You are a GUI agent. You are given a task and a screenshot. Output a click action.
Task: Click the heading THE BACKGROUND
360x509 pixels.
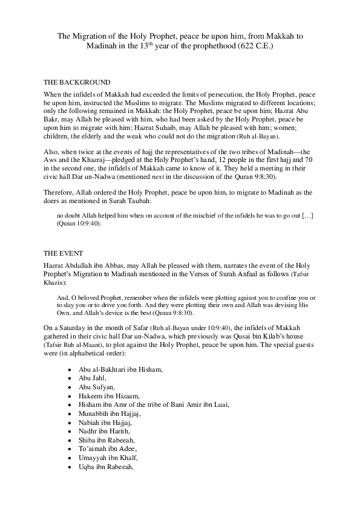click(77, 82)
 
